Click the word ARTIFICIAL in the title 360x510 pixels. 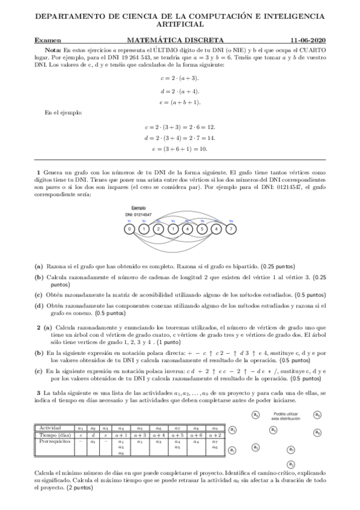click(180, 25)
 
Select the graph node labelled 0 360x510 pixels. click(129, 229)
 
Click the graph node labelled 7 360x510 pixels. click(231, 229)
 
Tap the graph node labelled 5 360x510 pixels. click(202, 229)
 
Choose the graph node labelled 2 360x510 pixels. click(158, 229)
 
